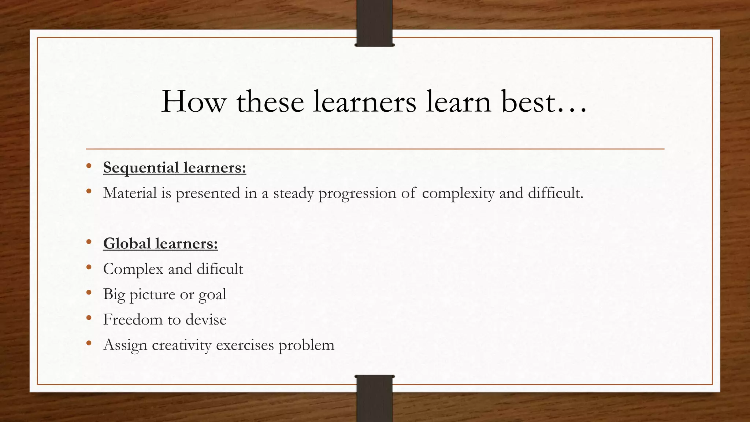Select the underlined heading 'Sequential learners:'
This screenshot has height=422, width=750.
175,168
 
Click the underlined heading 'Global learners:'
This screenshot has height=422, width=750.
160,244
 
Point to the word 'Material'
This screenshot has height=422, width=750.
130,193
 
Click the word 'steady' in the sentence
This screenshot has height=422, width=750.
293,193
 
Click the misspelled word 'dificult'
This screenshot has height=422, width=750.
220,269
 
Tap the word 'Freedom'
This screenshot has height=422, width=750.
133,319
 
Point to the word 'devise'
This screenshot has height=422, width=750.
206,319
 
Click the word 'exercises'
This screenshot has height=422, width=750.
245,345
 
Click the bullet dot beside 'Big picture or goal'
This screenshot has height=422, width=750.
89,293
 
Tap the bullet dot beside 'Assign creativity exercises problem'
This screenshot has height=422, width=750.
89,343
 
